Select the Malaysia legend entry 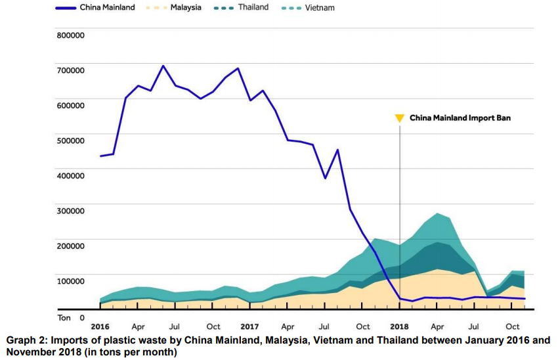[185, 8]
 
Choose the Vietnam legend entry [320, 8]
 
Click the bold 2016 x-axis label [100, 326]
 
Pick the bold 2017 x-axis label [249, 326]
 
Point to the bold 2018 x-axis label [399, 326]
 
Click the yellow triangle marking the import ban [399, 118]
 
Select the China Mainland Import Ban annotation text [460, 118]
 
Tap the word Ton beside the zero [64, 317]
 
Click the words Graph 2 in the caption [26, 340]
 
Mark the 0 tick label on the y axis [82, 317]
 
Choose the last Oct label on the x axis [512, 326]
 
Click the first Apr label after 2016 [138, 326]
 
